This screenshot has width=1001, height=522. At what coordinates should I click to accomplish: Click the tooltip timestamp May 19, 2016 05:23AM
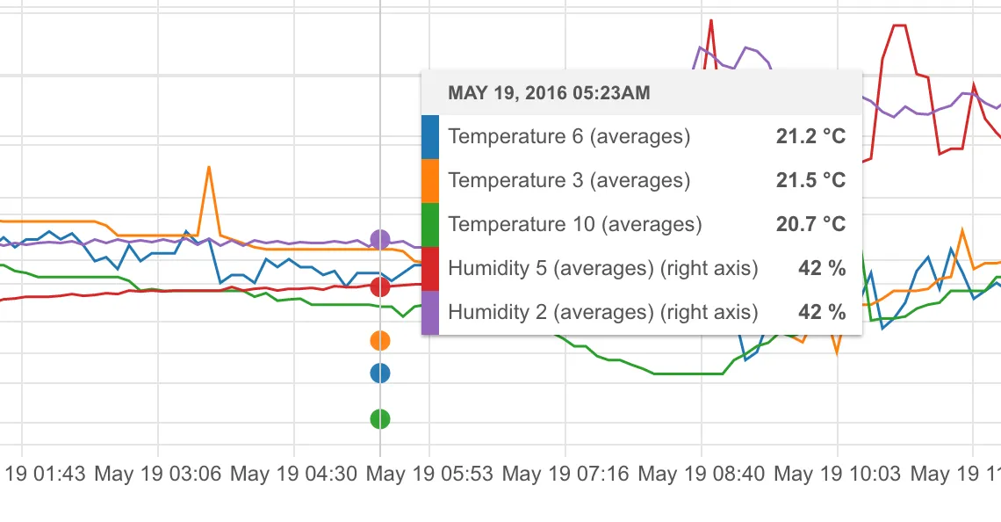tap(549, 92)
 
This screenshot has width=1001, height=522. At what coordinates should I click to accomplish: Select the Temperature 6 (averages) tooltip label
tap(569, 136)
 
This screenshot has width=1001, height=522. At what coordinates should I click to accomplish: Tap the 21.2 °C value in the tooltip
tap(810, 136)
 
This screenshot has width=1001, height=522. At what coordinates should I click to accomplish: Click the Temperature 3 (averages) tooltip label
tap(569, 180)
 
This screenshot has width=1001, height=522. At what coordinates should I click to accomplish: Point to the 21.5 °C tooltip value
tap(810, 180)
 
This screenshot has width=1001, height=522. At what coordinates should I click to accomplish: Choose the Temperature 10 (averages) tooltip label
tap(575, 224)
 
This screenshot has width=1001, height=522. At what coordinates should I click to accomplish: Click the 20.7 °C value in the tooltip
tap(810, 224)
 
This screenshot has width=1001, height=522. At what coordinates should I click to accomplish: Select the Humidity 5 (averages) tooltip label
tap(602, 268)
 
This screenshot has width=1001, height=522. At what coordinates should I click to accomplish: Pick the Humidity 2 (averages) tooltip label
tap(602, 312)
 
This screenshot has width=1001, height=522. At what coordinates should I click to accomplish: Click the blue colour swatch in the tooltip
tap(430, 136)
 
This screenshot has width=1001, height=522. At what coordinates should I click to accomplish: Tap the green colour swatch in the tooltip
tap(430, 224)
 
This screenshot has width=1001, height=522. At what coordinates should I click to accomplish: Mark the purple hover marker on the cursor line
tap(380, 239)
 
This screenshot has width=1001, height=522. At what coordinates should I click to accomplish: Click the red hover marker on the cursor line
tap(380, 286)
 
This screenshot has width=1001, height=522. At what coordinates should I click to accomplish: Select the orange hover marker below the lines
tap(380, 340)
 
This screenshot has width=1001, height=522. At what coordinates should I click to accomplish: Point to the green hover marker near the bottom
tap(380, 419)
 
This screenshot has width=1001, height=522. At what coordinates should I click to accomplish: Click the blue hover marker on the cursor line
tap(380, 373)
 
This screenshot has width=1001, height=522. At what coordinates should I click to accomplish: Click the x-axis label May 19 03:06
tap(158, 475)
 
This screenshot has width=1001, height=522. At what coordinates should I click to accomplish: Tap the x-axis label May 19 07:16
tap(565, 475)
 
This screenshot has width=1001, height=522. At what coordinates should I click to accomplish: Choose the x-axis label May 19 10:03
tap(837, 475)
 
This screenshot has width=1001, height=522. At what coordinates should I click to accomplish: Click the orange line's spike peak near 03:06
tap(209, 167)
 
